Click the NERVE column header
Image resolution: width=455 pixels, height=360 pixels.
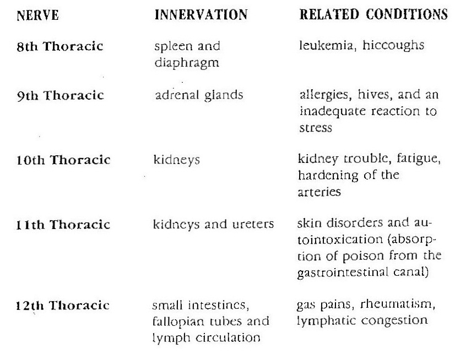(34, 15)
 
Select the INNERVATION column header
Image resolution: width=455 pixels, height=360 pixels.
(201, 15)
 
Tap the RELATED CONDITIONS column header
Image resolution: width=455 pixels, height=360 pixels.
(373, 15)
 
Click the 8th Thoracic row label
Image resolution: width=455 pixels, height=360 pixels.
(60, 46)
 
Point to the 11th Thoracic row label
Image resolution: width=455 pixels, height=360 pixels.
(63, 225)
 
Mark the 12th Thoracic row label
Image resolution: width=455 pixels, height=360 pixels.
(63, 306)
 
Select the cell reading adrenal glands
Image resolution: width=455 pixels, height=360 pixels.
(199, 95)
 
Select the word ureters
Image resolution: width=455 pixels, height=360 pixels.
(251, 225)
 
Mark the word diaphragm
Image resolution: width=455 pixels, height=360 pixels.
(188, 63)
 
